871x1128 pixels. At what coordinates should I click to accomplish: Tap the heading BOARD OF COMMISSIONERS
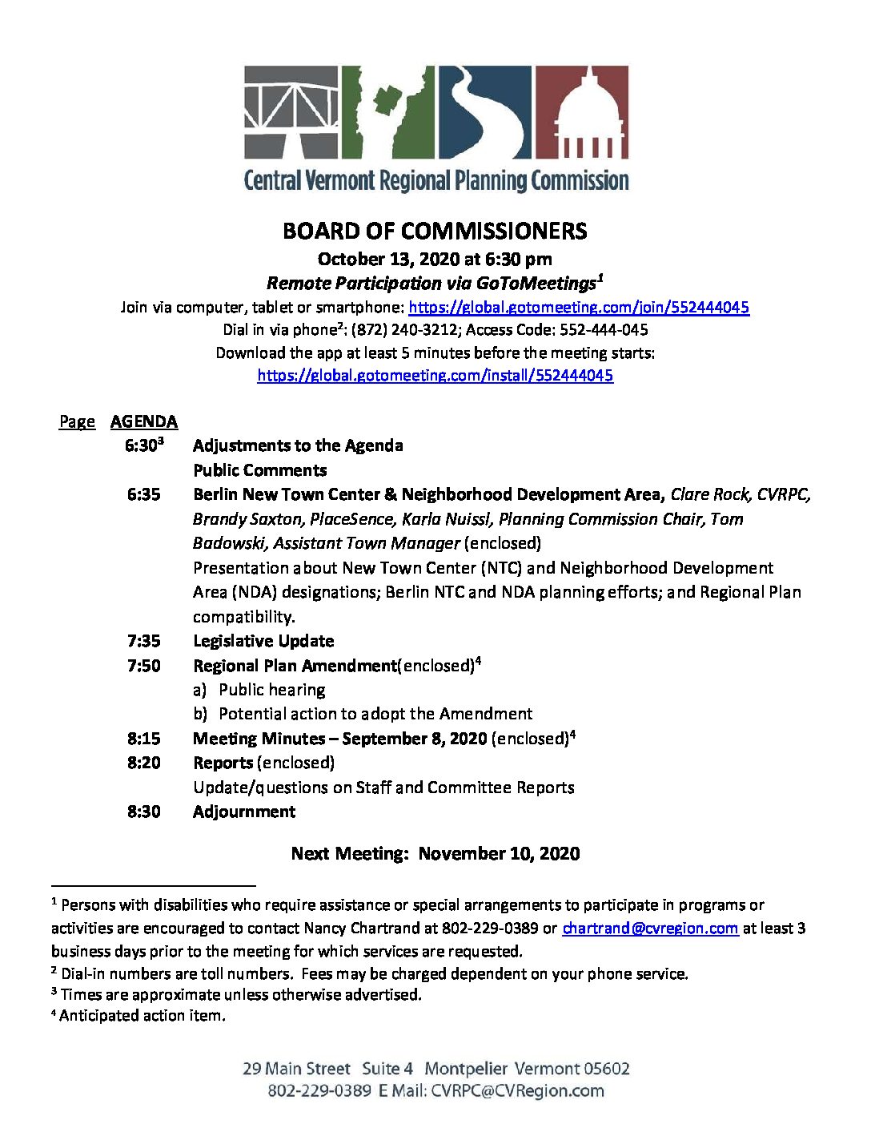click(435, 232)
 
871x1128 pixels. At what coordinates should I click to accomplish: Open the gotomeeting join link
click(579, 307)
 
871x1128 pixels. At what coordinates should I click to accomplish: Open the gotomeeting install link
click(435, 375)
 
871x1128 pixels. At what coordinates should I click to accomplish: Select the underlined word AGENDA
click(144, 421)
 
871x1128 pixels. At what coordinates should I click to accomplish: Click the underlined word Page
click(77, 421)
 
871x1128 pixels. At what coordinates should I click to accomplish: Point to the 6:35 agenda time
click(143, 494)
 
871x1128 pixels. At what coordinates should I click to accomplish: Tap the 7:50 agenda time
click(143, 666)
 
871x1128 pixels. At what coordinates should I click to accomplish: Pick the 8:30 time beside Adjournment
click(143, 812)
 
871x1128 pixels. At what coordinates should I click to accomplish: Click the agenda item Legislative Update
click(263, 641)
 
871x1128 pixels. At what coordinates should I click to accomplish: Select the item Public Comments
click(260, 470)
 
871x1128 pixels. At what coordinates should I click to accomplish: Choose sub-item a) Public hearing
click(259, 690)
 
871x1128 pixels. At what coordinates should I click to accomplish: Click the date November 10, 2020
click(499, 853)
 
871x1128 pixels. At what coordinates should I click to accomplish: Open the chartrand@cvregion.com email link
click(650, 929)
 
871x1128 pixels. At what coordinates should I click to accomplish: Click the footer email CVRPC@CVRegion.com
click(517, 1090)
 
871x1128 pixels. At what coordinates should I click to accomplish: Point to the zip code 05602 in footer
click(607, 1069)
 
